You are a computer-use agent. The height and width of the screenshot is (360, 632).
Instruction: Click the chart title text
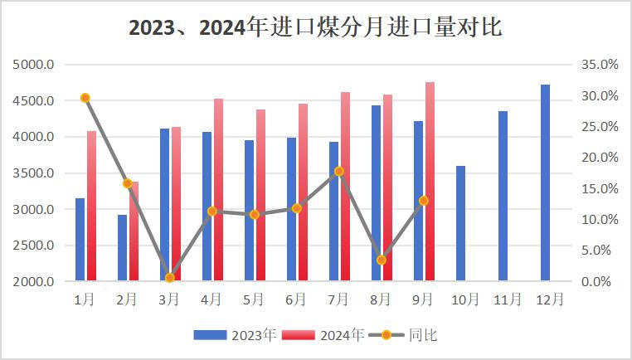(x=315, y=27)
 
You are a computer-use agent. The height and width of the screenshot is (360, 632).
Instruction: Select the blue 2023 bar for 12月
(x=545, y=182)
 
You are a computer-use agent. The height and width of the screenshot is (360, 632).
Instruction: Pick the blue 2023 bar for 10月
(x=460, y=224)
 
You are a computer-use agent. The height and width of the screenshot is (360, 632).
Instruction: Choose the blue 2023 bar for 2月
(x=122, y=248)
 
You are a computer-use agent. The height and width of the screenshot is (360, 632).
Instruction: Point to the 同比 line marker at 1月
(x=85, y=98)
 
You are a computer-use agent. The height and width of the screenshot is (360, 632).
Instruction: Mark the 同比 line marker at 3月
(x=170, y=278)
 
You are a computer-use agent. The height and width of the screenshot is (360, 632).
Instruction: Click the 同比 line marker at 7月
(x=339, y=171)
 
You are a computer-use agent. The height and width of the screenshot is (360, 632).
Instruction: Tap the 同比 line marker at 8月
(x=382, y=260)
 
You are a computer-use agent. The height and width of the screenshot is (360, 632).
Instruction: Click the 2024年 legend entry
(x=323, y=335)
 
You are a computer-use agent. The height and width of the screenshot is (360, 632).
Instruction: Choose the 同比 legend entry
(x=406, y=335)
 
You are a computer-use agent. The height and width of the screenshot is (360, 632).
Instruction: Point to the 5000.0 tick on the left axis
(x=35, y=65)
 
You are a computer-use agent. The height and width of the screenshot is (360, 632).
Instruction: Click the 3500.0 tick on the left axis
(x=35, y=173)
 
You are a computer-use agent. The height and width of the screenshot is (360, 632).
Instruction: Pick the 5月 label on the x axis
(x=254, y=299)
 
